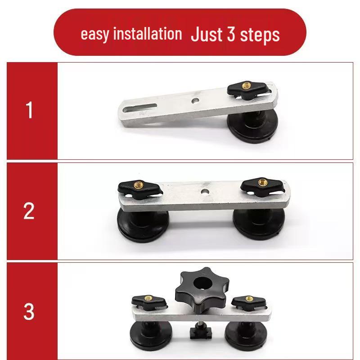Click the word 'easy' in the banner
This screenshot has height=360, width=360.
tap(94, 34)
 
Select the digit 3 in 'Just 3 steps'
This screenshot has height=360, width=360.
tap(231, 34)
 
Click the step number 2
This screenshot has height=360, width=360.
tap(29, 211)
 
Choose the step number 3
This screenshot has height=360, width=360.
tap(29, 312)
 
